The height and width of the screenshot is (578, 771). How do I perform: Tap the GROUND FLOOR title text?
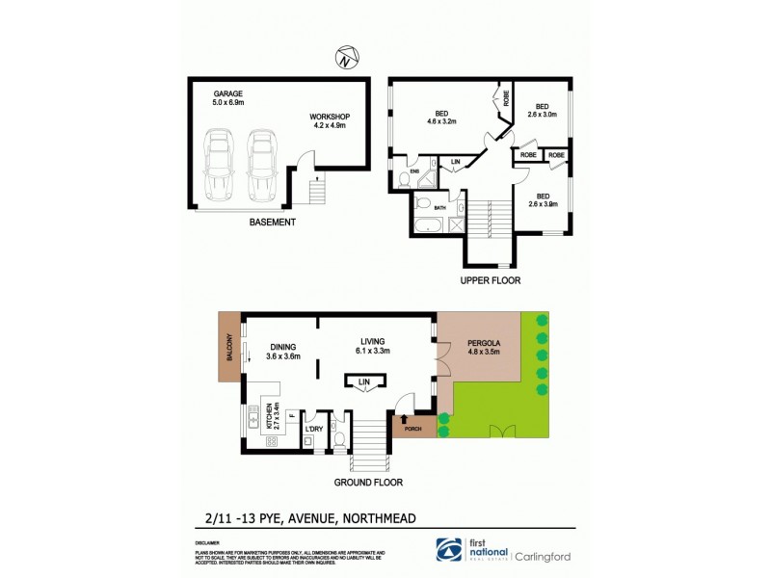point(368,482)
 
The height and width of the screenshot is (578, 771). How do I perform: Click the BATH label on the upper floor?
point(439,207)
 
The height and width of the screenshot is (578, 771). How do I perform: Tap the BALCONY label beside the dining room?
point(229,345)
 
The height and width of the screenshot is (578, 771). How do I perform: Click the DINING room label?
point(282,346)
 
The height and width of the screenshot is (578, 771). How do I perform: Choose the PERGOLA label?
point(485,342)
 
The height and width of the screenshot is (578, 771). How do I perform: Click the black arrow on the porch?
point(404,418)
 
